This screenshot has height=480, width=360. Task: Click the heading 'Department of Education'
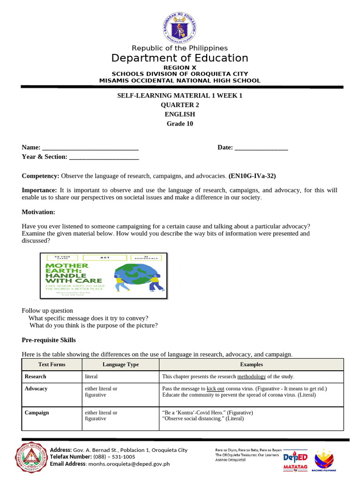click(180, 58)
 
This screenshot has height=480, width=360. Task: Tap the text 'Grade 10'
click(180, 124)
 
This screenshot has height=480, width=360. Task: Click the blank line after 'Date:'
click(261, 148)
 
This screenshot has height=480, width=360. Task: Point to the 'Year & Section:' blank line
click(104, 157)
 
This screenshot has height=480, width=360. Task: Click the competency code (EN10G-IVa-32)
click(252, 176)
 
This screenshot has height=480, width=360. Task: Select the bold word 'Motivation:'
click(38, 212)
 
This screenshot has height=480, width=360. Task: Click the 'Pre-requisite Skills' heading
click(49, 340)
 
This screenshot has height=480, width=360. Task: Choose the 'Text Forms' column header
click(52, 364)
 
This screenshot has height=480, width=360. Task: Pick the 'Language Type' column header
click(120, 364)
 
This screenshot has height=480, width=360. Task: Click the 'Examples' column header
click(251, 364)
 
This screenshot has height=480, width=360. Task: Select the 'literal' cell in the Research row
click(91, 376)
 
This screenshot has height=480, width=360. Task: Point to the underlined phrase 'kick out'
click(215, 389)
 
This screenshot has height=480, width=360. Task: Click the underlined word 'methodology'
click(251, 376)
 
